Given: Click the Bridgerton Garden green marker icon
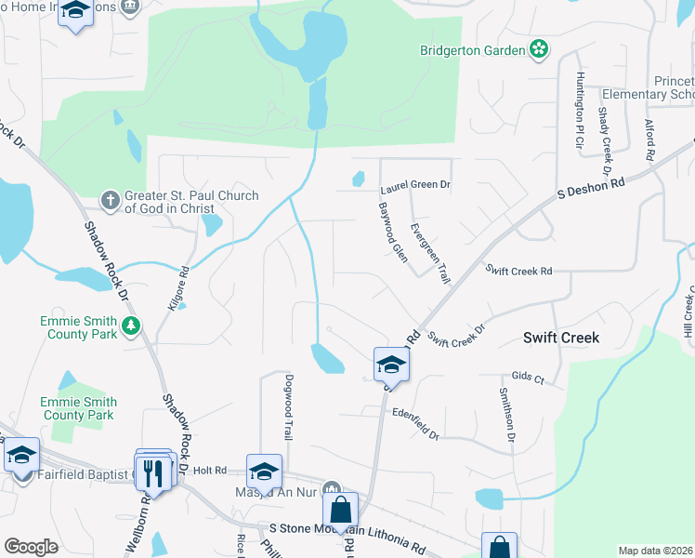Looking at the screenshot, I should point(538,49).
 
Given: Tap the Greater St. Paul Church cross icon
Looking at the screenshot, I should point(110,200).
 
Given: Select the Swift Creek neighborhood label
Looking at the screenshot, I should point(561,338).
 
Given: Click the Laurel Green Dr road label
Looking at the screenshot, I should point(414,185).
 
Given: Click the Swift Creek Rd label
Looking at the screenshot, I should point(519,270).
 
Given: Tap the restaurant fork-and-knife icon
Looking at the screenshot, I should point(155,472).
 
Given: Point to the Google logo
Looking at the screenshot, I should point(30,547).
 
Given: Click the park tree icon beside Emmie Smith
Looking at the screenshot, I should point(132,325).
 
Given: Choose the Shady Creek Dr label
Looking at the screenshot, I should point(603,140).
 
